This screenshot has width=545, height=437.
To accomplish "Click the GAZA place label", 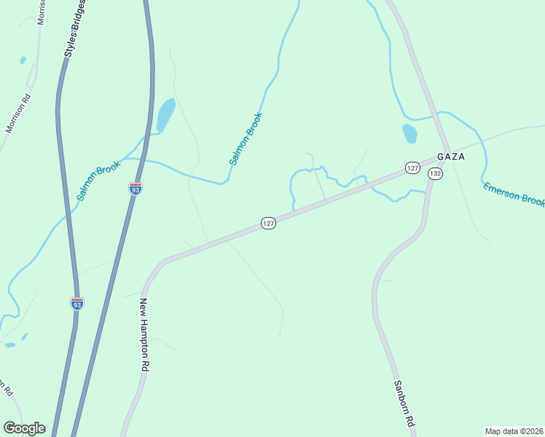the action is (x=450, y=157).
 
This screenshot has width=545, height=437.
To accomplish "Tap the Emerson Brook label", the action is (x=513, y=194).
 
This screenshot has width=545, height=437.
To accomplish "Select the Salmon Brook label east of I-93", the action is (x=245, y=138).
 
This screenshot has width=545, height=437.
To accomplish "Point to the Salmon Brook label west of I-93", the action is (x=98, y=181).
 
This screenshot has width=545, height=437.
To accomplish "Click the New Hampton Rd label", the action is (x=144, y=336).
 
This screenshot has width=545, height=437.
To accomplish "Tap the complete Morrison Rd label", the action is (x=18, y=114).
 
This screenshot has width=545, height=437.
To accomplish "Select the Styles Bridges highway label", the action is (x=74, y=29).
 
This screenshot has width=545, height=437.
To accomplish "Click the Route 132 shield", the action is (x=435, y=173).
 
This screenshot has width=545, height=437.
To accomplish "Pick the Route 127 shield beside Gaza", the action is (x=412, y=168).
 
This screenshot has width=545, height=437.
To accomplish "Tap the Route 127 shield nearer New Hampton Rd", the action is (x=268, y=224).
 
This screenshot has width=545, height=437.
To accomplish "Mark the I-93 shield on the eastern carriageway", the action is (x=136, y=188).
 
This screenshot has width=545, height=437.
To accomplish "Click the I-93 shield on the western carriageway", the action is (x=77, y=303).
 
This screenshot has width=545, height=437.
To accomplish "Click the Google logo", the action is (x=24, y=428).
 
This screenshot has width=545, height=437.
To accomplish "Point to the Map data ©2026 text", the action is (x=514, y=430).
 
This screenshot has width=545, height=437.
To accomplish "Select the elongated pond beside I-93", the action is (x=166, y=115).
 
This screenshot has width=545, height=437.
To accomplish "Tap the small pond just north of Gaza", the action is (x=409, y=133).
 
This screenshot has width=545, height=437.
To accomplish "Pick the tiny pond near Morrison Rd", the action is (x=23, y=60).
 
